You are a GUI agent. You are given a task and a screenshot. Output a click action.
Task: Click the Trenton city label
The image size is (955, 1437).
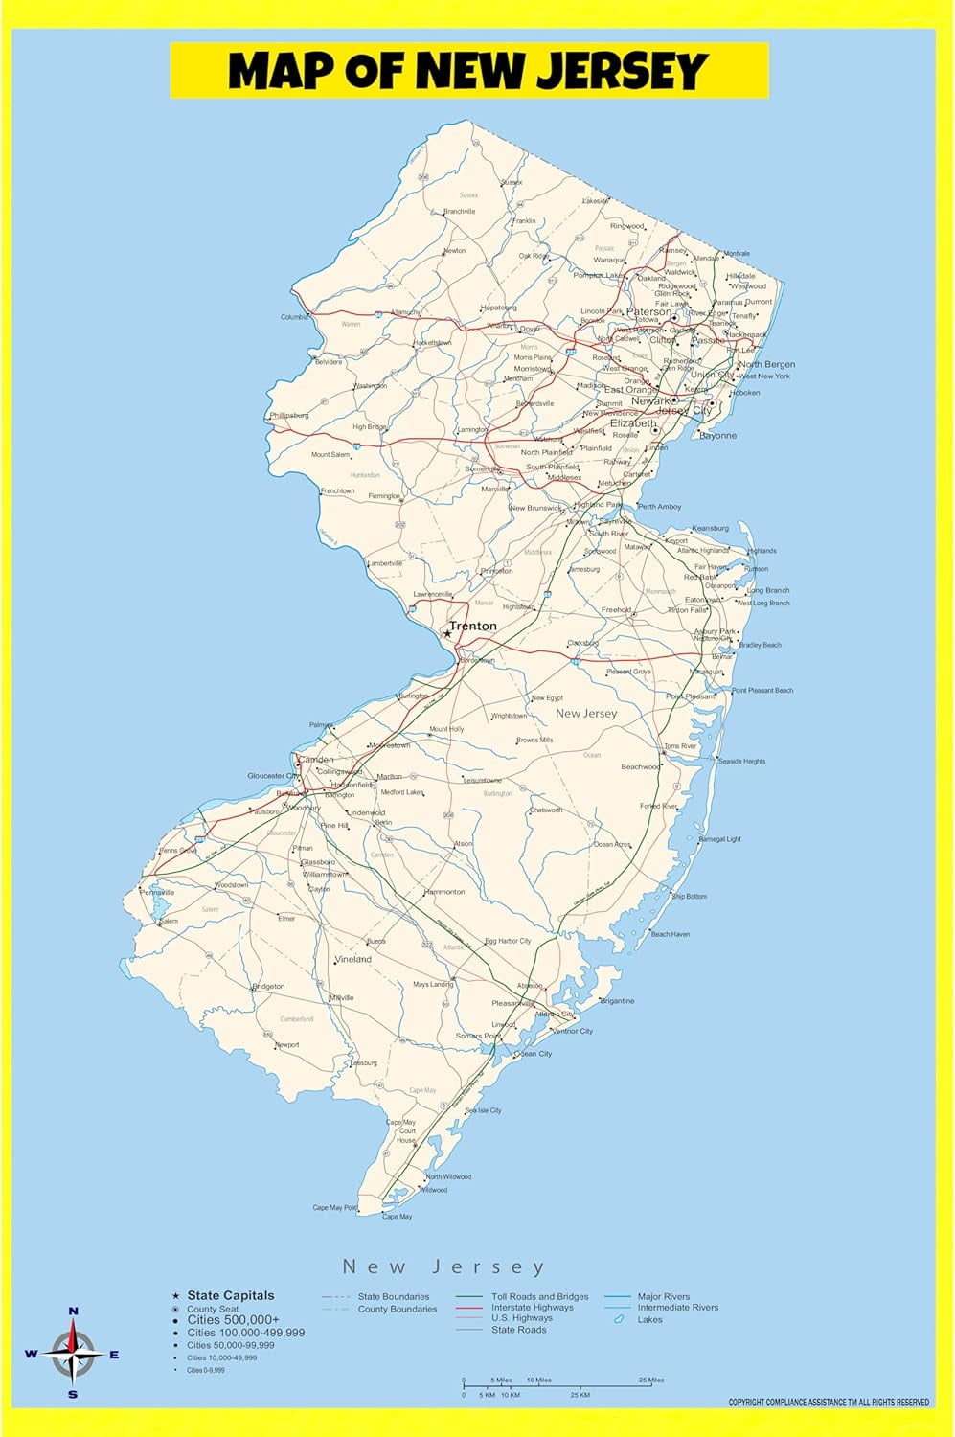[473, 626]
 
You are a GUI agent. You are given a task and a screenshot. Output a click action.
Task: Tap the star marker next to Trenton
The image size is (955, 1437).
[446, 633]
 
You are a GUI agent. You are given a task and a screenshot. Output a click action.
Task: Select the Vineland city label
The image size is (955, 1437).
[353, 959]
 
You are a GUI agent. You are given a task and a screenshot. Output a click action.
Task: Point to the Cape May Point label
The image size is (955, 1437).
[334, 1207]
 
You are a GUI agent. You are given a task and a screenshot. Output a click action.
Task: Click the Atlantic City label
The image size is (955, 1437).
[555, 1014]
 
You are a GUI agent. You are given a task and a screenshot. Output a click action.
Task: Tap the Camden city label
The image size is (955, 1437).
[316, 760]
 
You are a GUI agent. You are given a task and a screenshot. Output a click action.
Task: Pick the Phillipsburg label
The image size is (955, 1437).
[288, 416]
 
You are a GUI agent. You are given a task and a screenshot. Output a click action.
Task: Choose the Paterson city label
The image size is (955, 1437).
[648, 311]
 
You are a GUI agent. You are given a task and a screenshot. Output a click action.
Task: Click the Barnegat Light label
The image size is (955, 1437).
[719, 839]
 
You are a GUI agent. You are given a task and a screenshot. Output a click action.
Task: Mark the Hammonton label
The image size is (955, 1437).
[444, 892]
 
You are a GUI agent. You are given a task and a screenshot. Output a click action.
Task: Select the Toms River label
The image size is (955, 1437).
[680, 746]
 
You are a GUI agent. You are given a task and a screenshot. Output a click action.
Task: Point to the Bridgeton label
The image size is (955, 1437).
[267, 986]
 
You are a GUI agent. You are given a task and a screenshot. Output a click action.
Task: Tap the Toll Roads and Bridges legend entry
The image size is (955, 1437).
[539, 1296]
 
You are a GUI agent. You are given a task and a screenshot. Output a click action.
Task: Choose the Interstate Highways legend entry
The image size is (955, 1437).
[532, 1307]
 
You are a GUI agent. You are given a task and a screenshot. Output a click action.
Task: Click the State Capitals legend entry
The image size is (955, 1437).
[230, 1295]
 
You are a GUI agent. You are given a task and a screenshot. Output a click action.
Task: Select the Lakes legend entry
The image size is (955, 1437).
[649, 1319]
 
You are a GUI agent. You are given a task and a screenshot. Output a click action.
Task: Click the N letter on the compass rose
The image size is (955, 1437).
[74, 1311]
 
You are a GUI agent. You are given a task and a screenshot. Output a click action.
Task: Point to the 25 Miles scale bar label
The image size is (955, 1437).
[650, 1380]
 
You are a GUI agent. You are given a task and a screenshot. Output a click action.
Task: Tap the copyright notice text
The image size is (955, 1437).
[829, 1403]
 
